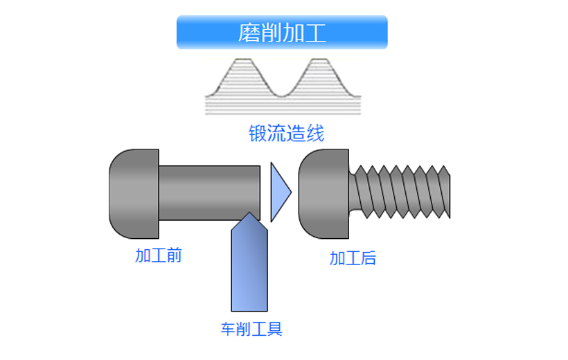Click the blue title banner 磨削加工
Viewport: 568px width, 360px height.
pyautogui.click(x=282, y=33)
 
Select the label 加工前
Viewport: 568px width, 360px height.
pyautogui.click(x=159, y=255)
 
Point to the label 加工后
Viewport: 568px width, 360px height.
pyautogui.click(x=353, y=259)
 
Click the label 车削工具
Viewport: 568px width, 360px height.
pyautogui.click(x=251, y=329)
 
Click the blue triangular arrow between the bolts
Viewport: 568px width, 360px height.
pyautogui.click(x=279, y=192)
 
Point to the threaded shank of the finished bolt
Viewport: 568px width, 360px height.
pyautogui.click(x=402, y=191)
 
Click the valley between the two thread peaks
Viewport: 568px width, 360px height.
pyautogui.click(x=283, y=94)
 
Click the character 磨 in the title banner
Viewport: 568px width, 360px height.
pyautogui.click(x=249, y=33)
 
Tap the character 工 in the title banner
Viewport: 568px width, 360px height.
pyautogui.click(x=315, y=33)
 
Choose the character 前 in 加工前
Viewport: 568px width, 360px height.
pyautogui.click(x=174, y=255)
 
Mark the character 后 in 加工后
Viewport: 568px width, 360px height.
pyautogui.click(x=368, y=259)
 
